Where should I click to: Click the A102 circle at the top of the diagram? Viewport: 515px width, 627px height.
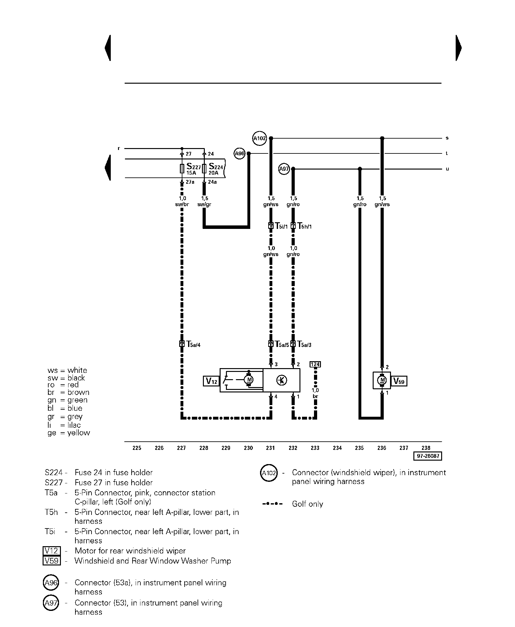point(260,138)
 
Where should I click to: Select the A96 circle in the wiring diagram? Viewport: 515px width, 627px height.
point(240,154)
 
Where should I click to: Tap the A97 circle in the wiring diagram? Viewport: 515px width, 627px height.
point(284,169)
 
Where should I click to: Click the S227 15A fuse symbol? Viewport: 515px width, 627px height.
point(182,169)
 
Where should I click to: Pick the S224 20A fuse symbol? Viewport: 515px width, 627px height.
point(204,169)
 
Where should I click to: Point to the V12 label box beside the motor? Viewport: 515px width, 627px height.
point(211,381)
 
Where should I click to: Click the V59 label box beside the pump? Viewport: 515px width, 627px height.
point(399,381)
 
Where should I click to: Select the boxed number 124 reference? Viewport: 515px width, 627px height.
point(315,364)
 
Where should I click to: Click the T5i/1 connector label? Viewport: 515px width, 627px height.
point(281,226)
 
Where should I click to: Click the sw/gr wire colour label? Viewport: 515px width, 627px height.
point(204,204)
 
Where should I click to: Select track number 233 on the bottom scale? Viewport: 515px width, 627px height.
point(315,448)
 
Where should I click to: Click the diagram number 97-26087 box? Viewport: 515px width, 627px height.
point(428,456)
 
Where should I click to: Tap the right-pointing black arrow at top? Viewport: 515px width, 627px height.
point(459,48)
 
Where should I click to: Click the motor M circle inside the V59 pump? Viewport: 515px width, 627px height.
point(382,380)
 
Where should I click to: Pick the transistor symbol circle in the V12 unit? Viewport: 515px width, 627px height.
point(281,380)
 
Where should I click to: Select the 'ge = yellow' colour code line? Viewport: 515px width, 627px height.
point(69,433)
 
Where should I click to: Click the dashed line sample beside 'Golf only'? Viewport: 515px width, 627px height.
point(272,504)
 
